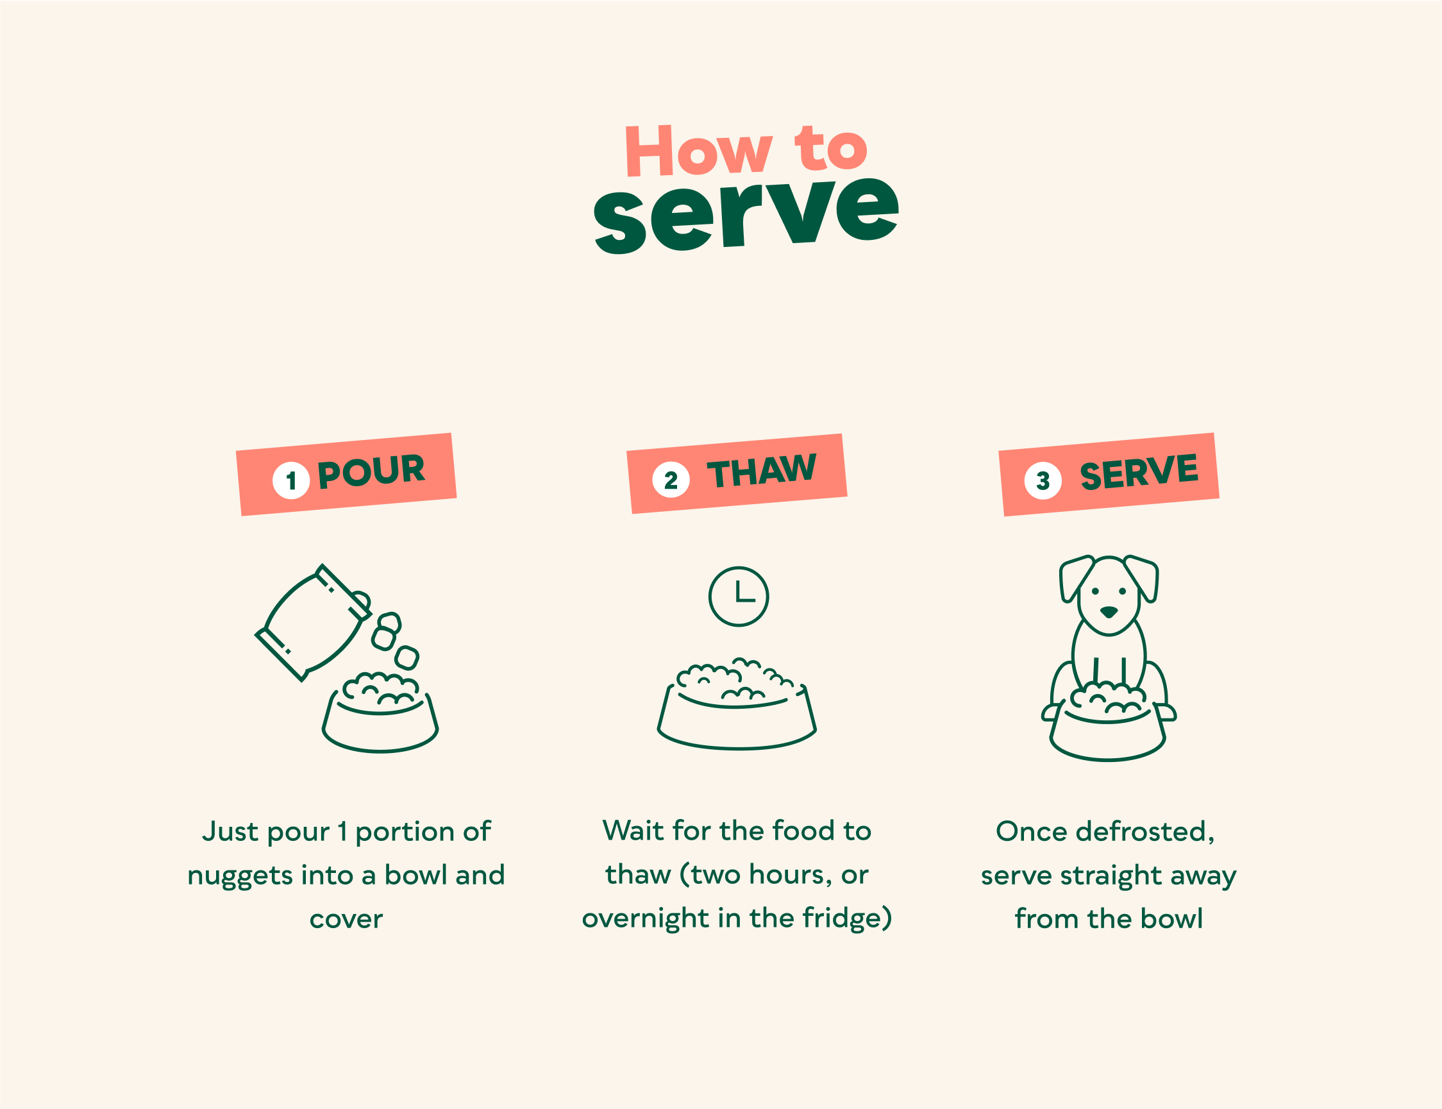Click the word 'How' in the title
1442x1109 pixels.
coord(698,151)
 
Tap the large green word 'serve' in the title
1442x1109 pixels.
coord(746,216)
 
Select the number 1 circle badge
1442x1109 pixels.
coord(291,480)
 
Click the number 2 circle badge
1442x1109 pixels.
coord(671,479)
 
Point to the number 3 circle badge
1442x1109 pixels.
coord(1043,480)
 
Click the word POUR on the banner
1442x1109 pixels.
coord(371,471)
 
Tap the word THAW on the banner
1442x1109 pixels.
coord(762,470)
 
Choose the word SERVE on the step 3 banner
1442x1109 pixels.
coord(1139,471)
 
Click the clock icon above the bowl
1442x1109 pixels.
coord(739,596)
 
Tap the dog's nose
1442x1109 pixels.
coord(1109,612)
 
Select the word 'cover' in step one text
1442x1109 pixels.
coord(346,919)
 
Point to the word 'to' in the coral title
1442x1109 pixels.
coord(830,148)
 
